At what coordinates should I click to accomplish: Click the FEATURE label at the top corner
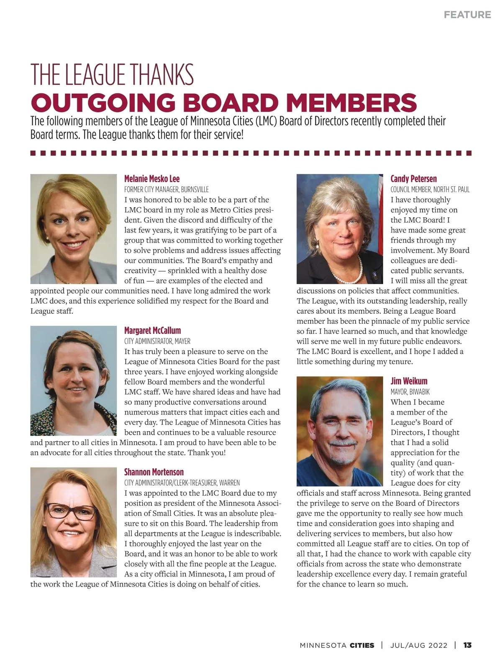(467, 15)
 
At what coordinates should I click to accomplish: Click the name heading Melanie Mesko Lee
(152, 179)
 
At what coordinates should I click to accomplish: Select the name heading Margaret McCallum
(152, 330)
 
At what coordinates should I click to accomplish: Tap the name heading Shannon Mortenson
(154, 472)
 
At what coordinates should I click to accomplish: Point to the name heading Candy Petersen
(413, 179)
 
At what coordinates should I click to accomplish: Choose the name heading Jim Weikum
(409, 381)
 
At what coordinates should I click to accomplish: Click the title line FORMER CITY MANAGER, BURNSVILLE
(166, 190)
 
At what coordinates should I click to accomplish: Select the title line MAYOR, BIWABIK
(410, 392)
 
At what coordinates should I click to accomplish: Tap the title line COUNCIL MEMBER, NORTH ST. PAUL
(430, 190)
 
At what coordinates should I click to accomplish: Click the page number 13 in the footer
(467, 645)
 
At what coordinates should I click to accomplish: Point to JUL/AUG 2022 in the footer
(419, 645)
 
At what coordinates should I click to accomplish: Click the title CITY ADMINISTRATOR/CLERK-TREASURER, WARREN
(182, 483)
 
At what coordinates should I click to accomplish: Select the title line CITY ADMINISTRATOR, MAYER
(157, 341)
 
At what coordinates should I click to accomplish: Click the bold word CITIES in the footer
(362, 645)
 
